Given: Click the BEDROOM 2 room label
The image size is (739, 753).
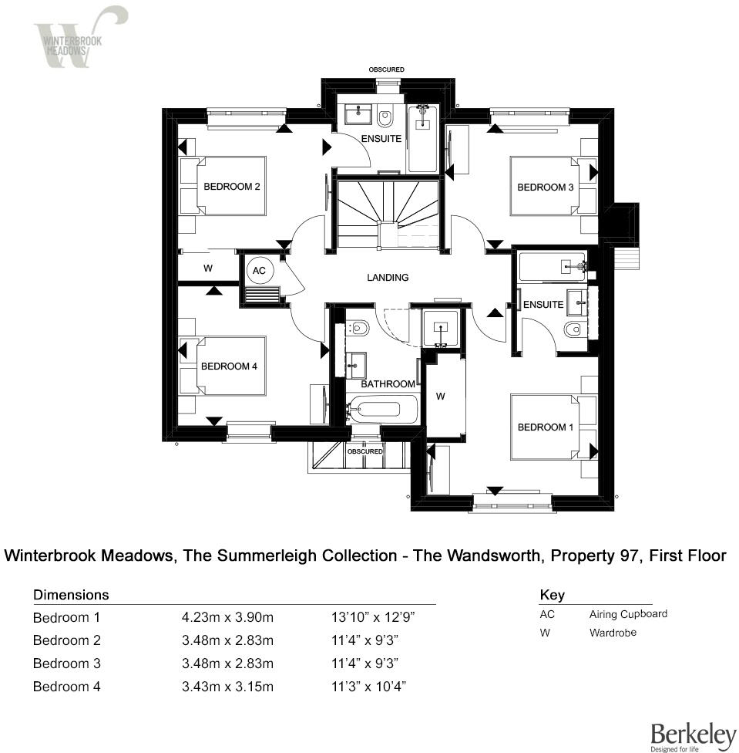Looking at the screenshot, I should click(x=231, y=187).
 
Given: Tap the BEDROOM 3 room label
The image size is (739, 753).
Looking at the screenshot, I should click(x=545, y=187).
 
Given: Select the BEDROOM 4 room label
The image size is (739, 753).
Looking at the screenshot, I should click(x=229, y=366).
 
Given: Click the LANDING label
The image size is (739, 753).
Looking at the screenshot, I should click(x=387, y=278).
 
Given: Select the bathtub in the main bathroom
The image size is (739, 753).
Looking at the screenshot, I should click(x=381, y=410).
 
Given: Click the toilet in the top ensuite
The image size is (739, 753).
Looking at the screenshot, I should click(x=386, y=117).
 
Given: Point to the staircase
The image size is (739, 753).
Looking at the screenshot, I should click(x=387, y=214).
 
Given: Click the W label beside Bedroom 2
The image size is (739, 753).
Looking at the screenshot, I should click(x=207, y=268).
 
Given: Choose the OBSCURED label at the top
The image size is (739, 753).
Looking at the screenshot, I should click(x=386, y=70).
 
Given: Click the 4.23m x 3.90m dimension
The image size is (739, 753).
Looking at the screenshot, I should click(x=227, y=617).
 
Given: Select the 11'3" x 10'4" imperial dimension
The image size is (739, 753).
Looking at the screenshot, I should click(x=368, y=687).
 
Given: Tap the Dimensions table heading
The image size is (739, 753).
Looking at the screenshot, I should click(x=71, y=595).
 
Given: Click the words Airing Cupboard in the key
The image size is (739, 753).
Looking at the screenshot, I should click(x=628, y=614).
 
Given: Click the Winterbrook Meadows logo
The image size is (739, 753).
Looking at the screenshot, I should click(x=77, y=37).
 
